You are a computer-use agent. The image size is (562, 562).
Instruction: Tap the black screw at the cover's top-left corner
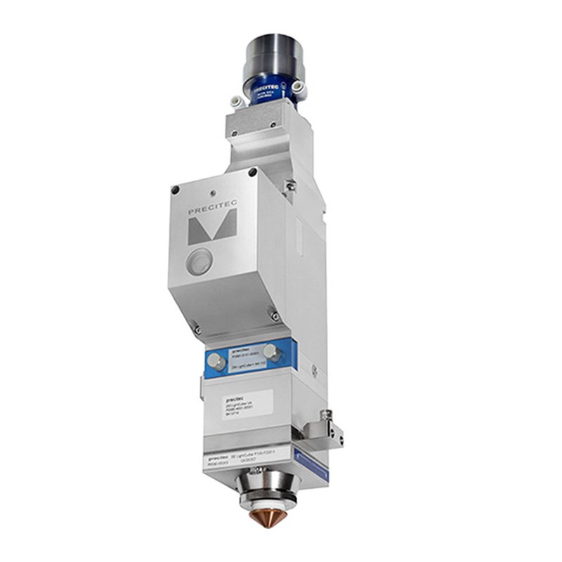pyautogui.click(x=176, y=188)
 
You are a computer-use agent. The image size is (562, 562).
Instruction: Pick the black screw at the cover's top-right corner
pyautogui.click(x=251, y=173)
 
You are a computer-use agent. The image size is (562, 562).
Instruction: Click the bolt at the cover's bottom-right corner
pyautogui.click(x=276, y=318)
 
